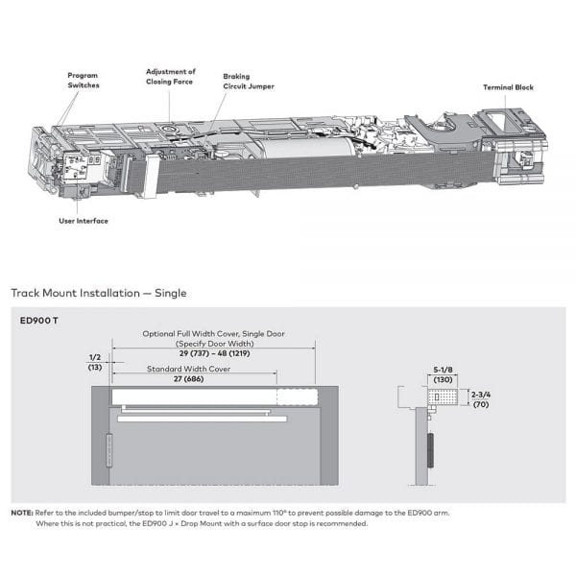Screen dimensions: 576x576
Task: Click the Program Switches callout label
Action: click(x=83, y=80)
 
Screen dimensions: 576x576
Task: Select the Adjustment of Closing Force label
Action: click(x=170, y=76)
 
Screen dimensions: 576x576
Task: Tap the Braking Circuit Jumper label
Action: click(x=248, y=81)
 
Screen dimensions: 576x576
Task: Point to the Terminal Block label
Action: click(x=508, y=87)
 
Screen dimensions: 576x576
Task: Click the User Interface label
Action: click(x=83, y=222)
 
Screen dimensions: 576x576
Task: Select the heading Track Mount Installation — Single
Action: click(x=98, y=292)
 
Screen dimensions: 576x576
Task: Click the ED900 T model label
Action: click(x=39, y=321)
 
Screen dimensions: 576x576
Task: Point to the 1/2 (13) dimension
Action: click(x=93, y=361)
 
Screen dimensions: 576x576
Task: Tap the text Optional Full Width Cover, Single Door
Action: click(x=213, y=334)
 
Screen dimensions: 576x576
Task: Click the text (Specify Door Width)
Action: click(x=213, y=343)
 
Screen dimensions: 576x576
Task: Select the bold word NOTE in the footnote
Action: click(x=21, y=513)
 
